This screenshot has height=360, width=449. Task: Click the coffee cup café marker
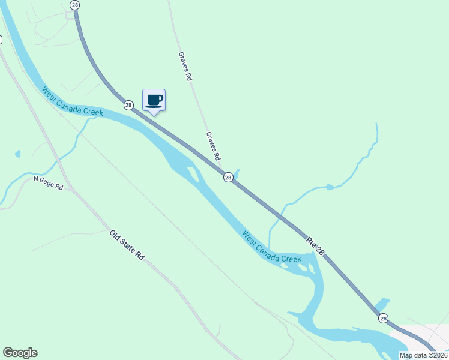(x=154, y=100)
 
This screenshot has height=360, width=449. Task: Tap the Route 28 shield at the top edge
(x=74, y=5)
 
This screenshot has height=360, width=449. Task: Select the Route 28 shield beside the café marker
(x=128, y=105)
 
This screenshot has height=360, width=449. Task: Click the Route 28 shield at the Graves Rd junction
(x=228, y=177)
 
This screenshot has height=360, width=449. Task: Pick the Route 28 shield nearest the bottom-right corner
(x=383, y=317)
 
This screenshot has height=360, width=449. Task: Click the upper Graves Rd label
(x=185, y=66)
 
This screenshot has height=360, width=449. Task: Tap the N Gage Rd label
(x=48, y=183)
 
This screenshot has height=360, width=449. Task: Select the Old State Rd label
(x=127, y=245)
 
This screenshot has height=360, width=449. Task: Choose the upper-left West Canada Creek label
(x=72, y=101)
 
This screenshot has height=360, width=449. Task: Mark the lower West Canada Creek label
(x=271, y=246)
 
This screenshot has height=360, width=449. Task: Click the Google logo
(x=20, y=353)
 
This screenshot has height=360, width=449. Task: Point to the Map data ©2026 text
(x=423, y=355)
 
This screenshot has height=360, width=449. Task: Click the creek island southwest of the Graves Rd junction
(x=193, y=175)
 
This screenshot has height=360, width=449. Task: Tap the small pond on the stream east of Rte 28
(x=328, y=187)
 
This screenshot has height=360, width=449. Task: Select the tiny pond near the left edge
(x=17, y=154)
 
